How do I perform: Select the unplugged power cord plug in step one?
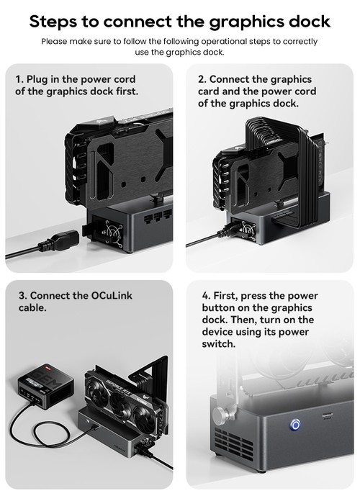click(58, 242)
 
